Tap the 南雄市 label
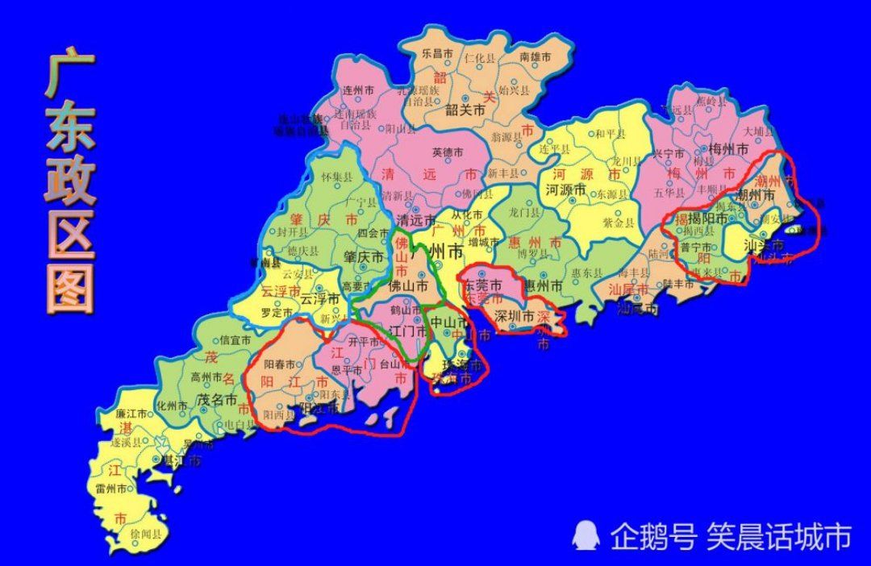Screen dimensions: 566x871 pyautogui.click(x=535, y=57)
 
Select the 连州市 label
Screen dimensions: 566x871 pyautogui.click(x=358, y=90)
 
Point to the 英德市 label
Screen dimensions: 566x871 pyautogui.click(x=448, y=152)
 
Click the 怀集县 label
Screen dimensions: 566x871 pyautogui.click(x=337, y=177)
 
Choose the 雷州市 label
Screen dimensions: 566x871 pyautogui.click(x=111, y=489)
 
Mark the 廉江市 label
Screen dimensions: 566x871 pyautogui.click(x=131, y=413)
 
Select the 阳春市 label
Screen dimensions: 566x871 pyautogui.click(x=278, y=364)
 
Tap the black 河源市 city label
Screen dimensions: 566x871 pyautogui.click(x=565, y=190)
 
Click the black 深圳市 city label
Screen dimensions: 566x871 pyautogui.click(x=513, y=315)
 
